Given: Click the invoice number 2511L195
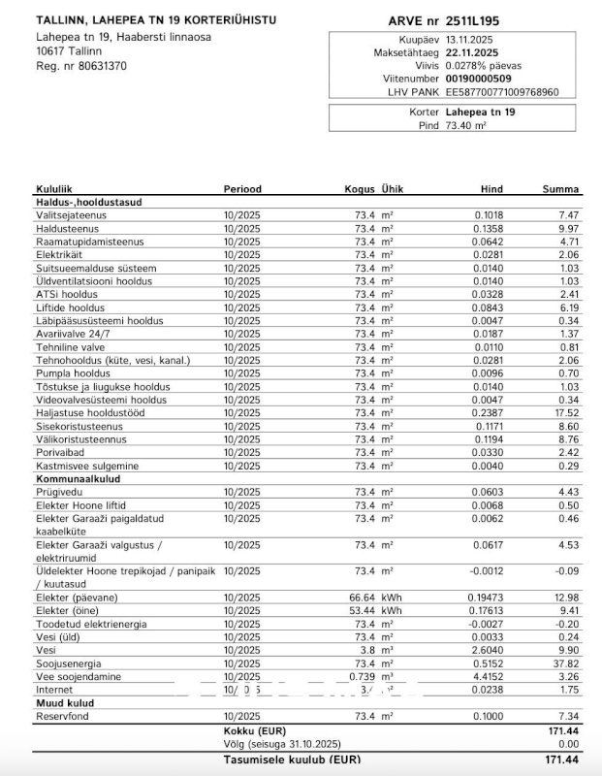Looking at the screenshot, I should tap(473, 19).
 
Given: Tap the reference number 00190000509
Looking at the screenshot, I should tap(479, 79).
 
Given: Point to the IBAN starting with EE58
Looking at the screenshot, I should tap(509, 92).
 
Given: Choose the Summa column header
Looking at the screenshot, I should tap(560, 189).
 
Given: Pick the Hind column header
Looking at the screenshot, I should tap(492, 189).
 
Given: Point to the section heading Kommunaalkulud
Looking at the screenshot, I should tap(78, 479).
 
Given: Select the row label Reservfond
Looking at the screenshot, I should tap(62, 716).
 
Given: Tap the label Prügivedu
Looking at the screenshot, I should tap(59, 492).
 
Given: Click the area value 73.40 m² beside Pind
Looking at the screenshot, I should tap(465, 125).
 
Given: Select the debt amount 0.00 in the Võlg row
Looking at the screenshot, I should tap(568, 743).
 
